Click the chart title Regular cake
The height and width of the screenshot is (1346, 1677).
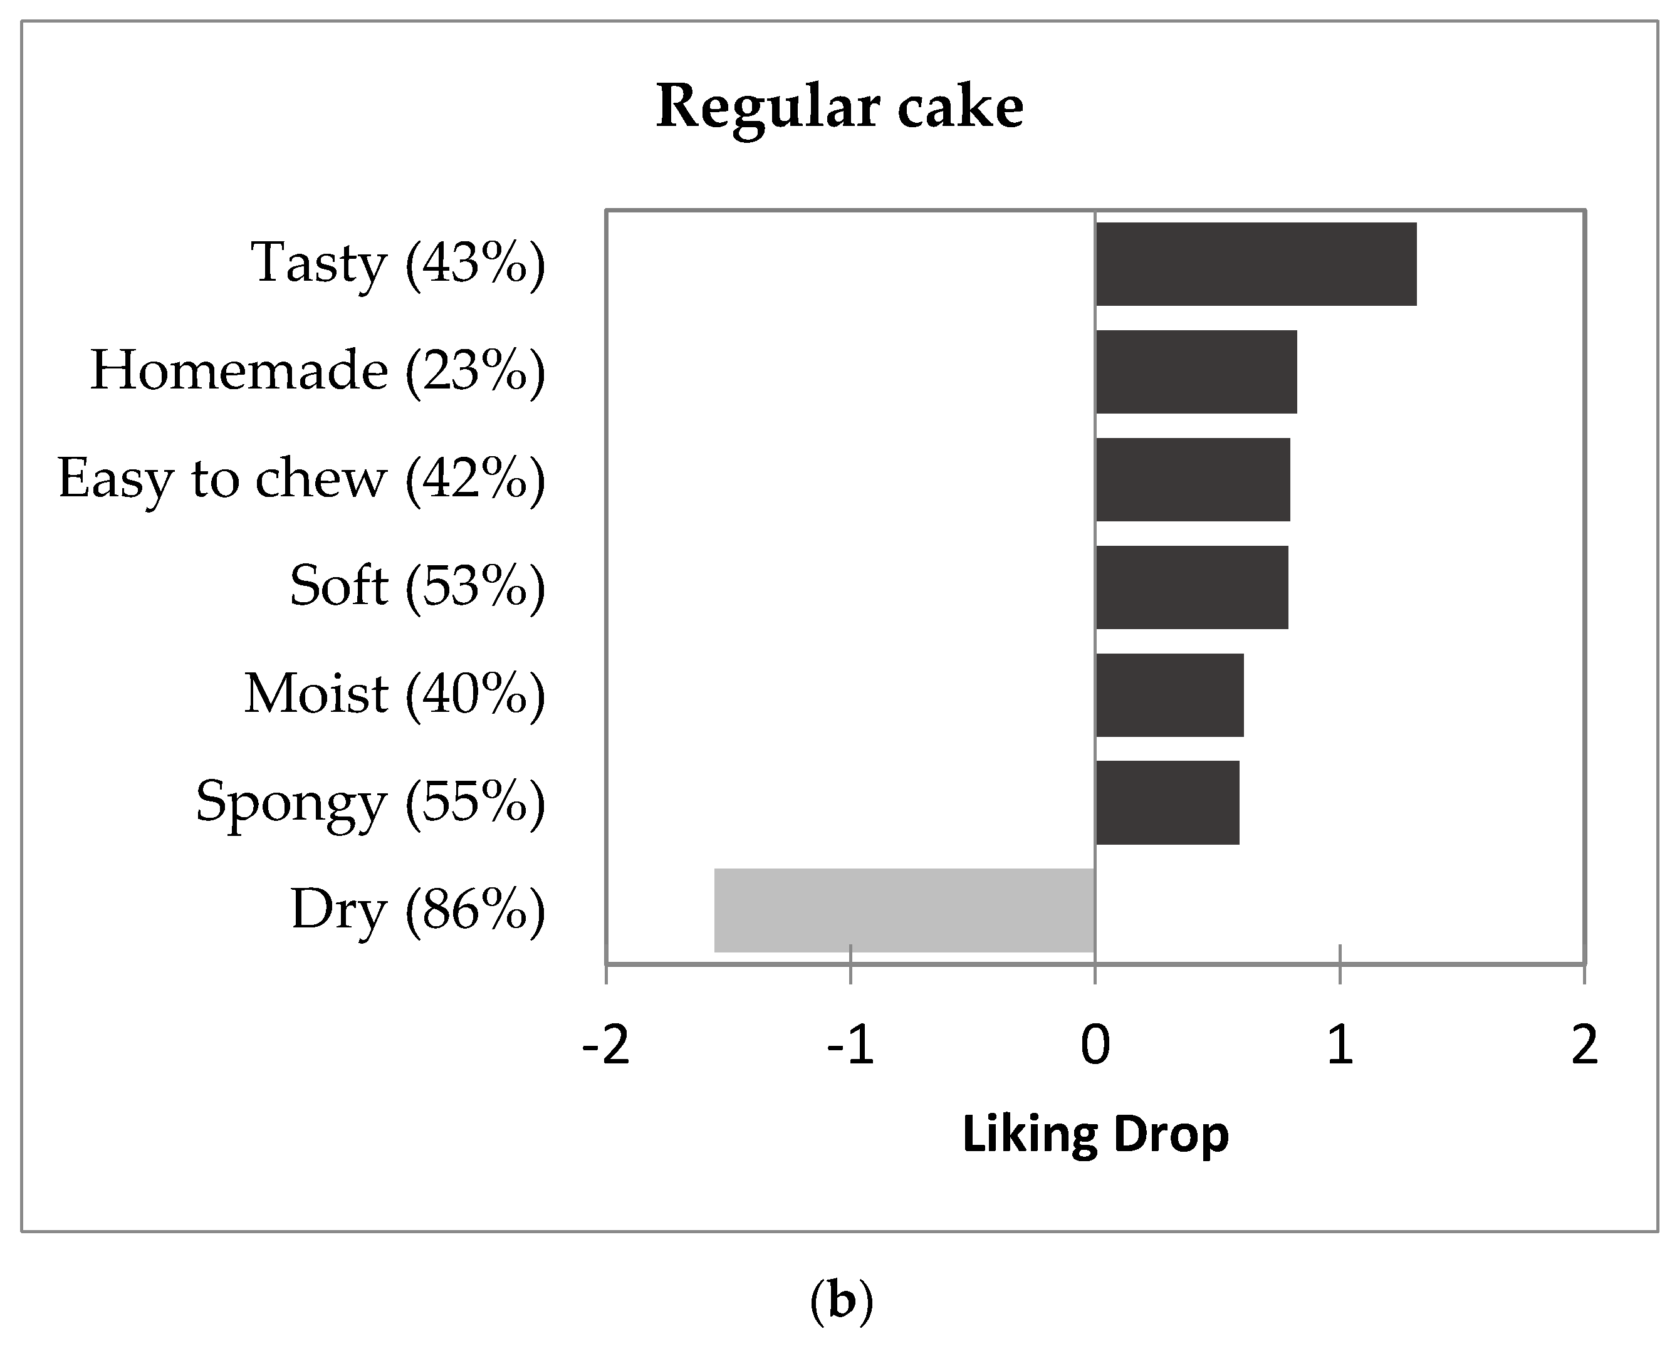[x=839, y=107]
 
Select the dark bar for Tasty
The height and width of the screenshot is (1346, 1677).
[x=1255, y=264]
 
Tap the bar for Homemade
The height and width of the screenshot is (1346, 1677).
[x=1196, y=372]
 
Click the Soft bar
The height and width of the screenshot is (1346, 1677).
[x=1191, y=587]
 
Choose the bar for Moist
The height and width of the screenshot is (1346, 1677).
[x=1169, y=694]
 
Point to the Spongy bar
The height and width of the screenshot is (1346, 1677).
[x=1167, y=803]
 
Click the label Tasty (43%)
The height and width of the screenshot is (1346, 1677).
[x=397, y=264]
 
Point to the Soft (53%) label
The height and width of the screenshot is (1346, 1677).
[x=417, y=587]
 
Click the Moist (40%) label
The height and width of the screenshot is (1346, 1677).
[x=394, y=694]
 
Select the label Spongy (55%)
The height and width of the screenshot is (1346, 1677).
[x=370, y=803]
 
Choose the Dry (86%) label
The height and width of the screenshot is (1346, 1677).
[x=418, y=910]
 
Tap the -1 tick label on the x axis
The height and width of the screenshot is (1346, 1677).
[x=850, y=1045]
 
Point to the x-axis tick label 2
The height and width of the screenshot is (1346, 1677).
[x=1584, y=1045]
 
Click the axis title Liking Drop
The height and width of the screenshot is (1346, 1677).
[x=1095, y=1134]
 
